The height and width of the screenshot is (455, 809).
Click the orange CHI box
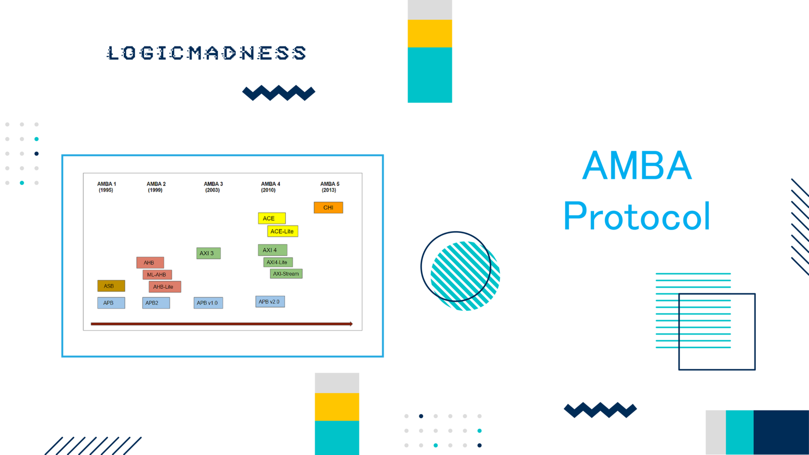point(328,207)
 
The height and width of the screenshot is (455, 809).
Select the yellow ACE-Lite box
point(282,231)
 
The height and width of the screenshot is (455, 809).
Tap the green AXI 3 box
point(208,253)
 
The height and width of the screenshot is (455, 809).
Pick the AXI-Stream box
point(286,274)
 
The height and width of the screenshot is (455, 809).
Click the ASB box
point(111,286)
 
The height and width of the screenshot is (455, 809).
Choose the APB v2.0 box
point(269,301)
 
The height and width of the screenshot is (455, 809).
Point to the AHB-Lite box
point(164,287)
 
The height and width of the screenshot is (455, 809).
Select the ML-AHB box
point(157,275)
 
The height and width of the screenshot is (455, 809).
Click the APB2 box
point(156,303)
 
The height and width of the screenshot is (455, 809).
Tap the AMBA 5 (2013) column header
point(330,187)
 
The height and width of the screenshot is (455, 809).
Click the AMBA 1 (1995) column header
point(106,187)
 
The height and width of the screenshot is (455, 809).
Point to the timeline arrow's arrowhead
point(350,324)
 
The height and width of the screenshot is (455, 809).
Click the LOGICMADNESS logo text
point(206,53)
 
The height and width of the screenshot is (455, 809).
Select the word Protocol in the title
point(637,216)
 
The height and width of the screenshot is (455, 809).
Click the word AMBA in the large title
point(637,165)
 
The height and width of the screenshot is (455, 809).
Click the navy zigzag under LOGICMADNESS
point(279,93)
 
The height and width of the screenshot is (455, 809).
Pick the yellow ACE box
point(272,218)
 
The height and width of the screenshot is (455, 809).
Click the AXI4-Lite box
point(278,262)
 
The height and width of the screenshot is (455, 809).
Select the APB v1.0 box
point(208,303)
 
